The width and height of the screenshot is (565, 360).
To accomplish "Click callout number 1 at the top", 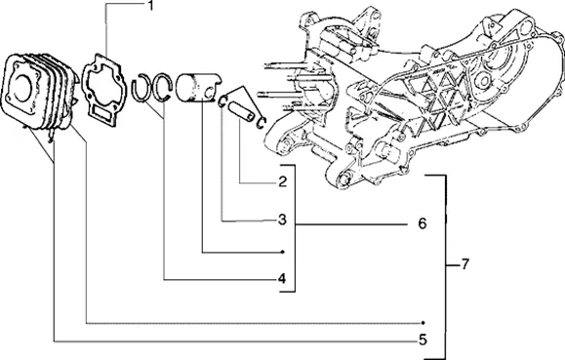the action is tap(151, 5).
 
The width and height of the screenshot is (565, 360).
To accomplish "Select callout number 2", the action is tap(283, 181).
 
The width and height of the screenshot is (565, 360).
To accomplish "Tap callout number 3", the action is tap(283, 220).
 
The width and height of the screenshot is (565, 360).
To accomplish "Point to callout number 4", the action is tap(282, 278).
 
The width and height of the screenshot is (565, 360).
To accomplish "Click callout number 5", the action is tap(423, 340).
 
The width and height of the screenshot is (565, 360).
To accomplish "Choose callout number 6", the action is tap(423, 223).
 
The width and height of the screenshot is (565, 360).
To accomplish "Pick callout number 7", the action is tap(464, 264).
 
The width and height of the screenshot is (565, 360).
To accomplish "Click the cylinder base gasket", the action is tap(104, 89).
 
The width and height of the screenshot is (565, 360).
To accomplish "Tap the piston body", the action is tap(198, 88).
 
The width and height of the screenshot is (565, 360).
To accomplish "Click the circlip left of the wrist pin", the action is tap(223, 101).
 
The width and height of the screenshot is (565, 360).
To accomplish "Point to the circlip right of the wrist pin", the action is tap(262, 122).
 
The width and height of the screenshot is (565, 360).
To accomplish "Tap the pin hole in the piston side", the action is tap(208, 93).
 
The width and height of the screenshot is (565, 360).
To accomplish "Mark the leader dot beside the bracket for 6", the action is tap(283, 252).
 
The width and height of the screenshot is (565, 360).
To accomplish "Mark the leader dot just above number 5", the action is tap(424, 323).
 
